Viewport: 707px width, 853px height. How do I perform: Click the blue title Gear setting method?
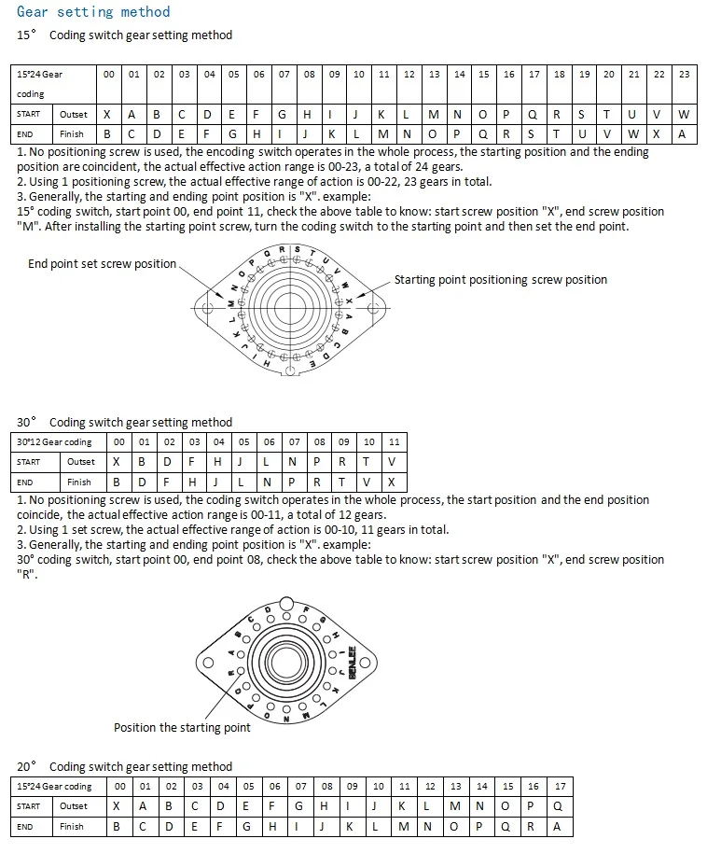(x=93, y=12)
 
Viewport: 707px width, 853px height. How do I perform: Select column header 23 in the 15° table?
(x=684, y=75)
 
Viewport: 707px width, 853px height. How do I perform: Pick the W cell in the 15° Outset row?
(x=684, y=115)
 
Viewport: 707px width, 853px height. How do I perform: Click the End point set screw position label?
(x=102, y=264)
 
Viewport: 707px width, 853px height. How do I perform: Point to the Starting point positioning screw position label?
(x=500, y=280)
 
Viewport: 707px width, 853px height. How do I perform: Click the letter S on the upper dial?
(x=298, y=248)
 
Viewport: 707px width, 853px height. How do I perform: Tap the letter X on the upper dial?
(x=349, y=301)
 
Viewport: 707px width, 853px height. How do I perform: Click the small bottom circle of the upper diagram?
(x=291, y=371)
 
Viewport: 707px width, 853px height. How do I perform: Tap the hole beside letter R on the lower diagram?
(x=240, y=670)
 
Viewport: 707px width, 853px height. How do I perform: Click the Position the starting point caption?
(x=182, y=728)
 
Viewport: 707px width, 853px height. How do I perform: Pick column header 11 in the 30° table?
(x=394, y=441)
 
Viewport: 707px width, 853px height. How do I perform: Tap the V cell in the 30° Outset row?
(x=394, y=462)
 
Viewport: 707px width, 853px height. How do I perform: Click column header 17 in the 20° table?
(x=560, y=786)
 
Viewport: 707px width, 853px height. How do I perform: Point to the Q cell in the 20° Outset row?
(x=560, y=806)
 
